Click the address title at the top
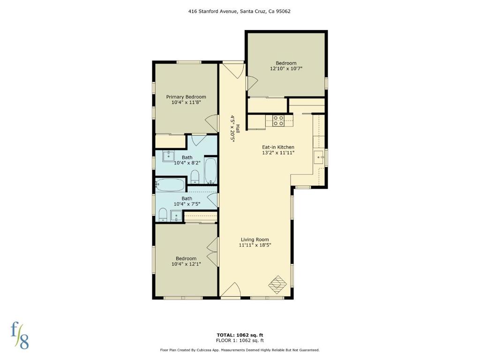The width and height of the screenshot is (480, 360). click(x=240, y=11)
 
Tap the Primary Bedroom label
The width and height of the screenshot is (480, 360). click(x=186, y=97)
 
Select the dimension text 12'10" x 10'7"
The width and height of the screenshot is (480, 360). click(x=286, y=68)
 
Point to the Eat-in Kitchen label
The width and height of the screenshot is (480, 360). click(x=278, y=147)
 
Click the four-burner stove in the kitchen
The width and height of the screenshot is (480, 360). click(x=278, y=120)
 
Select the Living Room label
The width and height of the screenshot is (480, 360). click(x=255, y=240)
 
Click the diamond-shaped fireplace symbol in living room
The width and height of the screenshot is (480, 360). click(x=277, y=285)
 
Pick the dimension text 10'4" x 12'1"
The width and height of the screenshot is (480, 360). click(x=186, y=264)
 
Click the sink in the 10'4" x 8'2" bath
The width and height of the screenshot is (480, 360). click(x=168, y=156)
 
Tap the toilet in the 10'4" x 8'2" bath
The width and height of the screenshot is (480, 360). click(x=195, y=177)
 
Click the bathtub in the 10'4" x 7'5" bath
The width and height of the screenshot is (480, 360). click(x=170, y=185)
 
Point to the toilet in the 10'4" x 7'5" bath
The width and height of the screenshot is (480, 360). click(x=163, y=215)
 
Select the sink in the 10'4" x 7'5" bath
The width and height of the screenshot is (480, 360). click(x=176, y=216)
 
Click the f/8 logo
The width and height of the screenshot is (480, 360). click(x=20, y=336)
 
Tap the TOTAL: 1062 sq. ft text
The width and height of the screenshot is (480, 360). click(x=240, y=335)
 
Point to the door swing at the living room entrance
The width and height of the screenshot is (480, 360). click(x=230, y=290)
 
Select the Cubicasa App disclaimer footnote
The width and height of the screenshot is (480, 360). click(x=240, y=350)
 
